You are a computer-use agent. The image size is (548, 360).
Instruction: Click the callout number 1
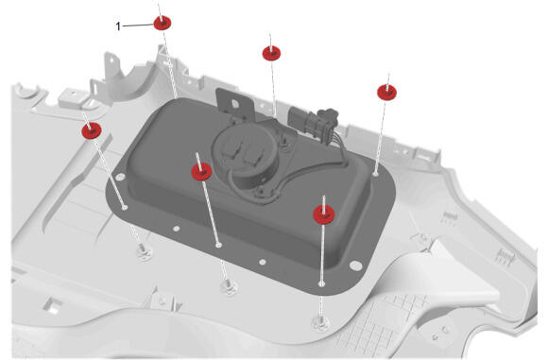pos(118,26)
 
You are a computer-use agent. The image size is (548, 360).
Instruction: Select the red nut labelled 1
pos(163,23)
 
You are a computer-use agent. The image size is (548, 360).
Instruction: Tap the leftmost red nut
pos(92,130)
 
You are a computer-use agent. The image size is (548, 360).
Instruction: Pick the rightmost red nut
pos(386,93)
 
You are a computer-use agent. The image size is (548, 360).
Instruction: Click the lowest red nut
pos(324,214)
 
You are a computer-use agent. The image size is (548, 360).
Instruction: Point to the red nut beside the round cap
pos(201,172)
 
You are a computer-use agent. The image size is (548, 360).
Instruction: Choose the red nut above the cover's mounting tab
pos(271,53)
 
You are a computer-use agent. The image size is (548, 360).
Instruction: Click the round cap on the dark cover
pos(246,150)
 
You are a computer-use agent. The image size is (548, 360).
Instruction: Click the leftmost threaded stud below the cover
pos(143,250)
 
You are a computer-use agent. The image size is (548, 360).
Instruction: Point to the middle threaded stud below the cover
pos(229,286)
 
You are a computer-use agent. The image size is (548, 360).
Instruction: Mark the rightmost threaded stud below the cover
pos(319,323)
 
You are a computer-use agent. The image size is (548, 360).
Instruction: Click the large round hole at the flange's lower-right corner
pos(356,266)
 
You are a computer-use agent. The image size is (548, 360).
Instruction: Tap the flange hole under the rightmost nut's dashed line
pos(375,173)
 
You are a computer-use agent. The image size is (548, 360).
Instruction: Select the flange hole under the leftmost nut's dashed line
pos(125,207)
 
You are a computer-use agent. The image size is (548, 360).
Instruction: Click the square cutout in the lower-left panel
pos(53,305)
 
